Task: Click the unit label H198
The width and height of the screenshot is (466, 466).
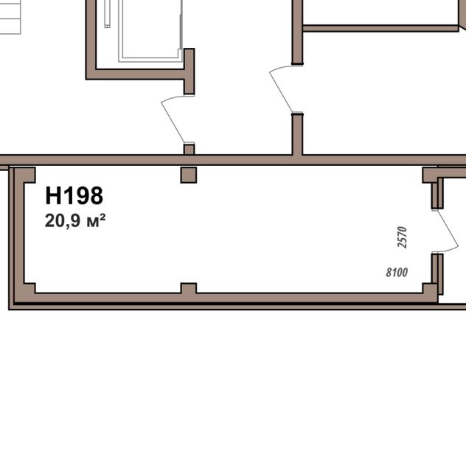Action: tap(74, 195)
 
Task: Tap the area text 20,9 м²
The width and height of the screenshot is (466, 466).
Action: tap(75, 220)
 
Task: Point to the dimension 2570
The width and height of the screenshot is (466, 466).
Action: tap(402, 237)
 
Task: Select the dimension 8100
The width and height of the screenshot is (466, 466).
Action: tap(397, 272)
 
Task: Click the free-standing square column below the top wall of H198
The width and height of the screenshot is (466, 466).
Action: tap(189, 175)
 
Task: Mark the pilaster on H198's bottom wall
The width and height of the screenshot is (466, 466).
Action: tap(189, 288)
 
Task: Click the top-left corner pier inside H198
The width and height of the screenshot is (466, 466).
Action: tap(25, 175)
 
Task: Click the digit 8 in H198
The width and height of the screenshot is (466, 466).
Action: tap(96, 195)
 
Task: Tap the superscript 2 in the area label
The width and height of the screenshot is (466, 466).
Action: tap(102, 217)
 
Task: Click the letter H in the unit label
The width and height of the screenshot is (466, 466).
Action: tap(53, 195)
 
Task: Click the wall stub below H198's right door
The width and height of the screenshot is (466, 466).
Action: tap(437, 274)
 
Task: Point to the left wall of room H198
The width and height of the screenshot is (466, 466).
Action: tap(19, 234)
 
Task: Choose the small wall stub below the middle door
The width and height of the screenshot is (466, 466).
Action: tap(189, 149)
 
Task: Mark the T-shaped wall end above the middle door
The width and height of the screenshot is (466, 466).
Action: tap(189, 72)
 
